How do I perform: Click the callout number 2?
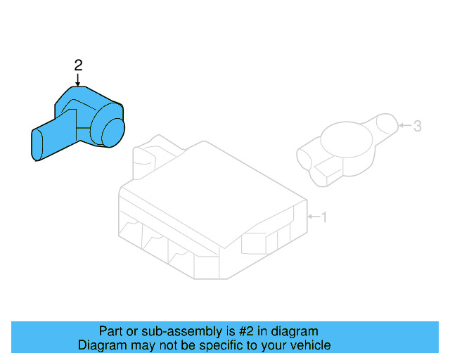pos(78,65)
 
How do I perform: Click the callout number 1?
pos(323,217)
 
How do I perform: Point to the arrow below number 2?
pos(78,79)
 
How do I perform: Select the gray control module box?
pos(211,211)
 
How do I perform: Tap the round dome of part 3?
pos(344,140)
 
